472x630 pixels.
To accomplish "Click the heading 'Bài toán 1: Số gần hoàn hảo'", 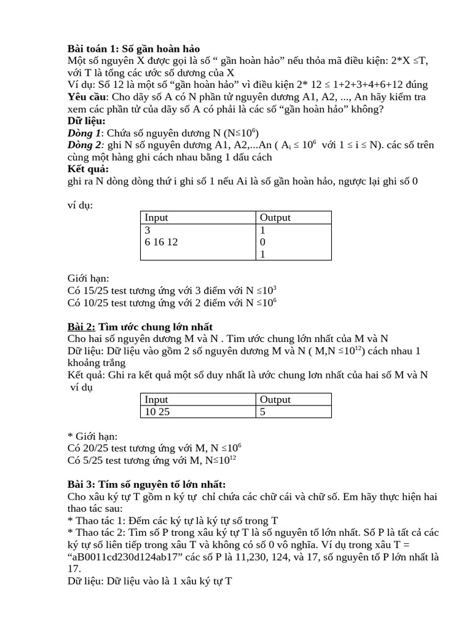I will (133, 49).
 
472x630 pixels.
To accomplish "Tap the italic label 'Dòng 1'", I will (83, 133).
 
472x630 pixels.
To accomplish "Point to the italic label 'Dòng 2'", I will (85, 145).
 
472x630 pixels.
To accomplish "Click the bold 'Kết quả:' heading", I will (88, 169).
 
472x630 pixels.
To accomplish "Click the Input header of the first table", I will (156, 217).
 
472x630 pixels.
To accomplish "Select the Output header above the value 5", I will (275, 399).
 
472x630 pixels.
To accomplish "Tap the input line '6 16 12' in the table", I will (161, 242).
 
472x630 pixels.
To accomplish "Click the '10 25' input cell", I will (157, 412).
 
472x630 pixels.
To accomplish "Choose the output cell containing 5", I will (262, 412).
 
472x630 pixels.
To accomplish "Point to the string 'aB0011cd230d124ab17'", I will (117, 557).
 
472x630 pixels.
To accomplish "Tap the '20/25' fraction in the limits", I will (96, 448).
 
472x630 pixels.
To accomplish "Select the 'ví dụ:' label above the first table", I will (80, 205).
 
